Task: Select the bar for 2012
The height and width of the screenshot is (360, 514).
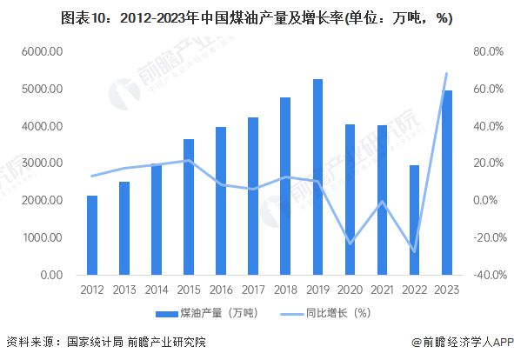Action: [x=92, y=235]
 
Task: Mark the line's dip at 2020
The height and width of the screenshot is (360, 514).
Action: [x=350, y=243]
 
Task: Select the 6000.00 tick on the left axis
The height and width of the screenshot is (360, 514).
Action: [x=41, y=52]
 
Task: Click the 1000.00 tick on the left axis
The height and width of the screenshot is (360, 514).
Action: [x=41, y=237]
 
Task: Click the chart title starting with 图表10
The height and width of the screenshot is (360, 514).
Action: [x=256, y=17]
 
